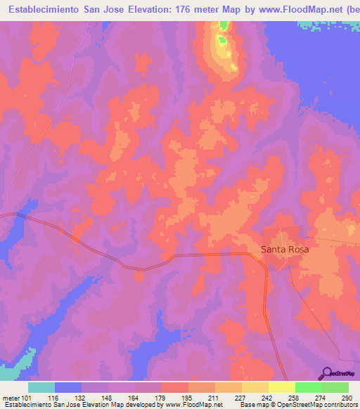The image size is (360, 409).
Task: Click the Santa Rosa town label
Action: tap(285, 249)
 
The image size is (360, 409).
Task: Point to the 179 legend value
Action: tap(150, 397)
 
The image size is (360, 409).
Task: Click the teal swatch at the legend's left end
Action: tap(41, 387)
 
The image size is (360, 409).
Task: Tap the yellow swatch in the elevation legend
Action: tap(282, 387)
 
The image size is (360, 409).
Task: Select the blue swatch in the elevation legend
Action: tap(68, 387)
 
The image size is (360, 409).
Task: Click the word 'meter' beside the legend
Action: tap(11, 397)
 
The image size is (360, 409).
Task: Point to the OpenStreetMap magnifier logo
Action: tap(326, 374)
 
